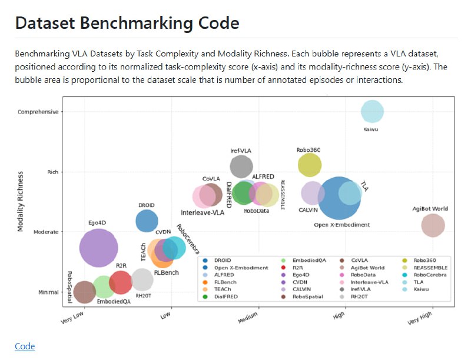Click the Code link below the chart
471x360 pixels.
[x=25, y=346]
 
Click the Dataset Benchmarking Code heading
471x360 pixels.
[x=127, y=24]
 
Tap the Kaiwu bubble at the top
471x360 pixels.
[x=372, y=111]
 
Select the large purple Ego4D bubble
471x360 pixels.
[x=99, y=248]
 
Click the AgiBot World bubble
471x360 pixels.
[x=433, y=226]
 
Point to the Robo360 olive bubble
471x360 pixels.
[x=310, y=165]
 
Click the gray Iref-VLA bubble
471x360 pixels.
[x=241, y=166]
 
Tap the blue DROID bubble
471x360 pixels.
[x=147, y=221]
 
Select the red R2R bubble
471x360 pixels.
[x=121, y=282]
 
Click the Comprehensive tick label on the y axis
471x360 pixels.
[x=38, y=112]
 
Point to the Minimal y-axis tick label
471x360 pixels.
[x=47, y=292]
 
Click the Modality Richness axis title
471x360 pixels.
[x=21, y=201]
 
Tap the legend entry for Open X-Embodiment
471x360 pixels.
[x=234, y=268]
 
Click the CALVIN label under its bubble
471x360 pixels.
[x=309, y=210]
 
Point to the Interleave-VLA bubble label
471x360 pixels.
[x=203, y=212]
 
